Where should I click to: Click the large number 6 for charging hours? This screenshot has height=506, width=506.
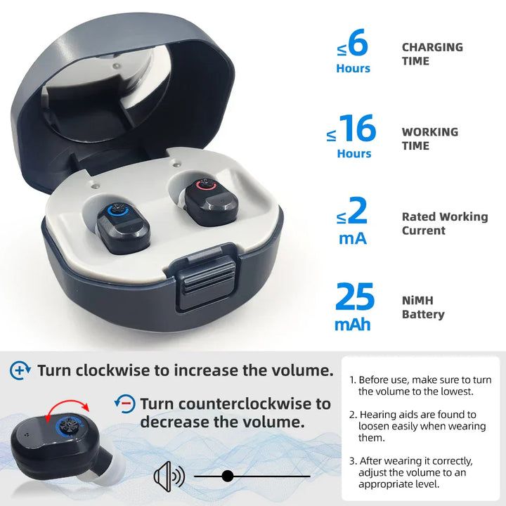[x=358, y=45]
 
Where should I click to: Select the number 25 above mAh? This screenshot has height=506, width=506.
[x=355, y=297]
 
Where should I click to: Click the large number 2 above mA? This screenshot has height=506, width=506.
[x=358, y=211]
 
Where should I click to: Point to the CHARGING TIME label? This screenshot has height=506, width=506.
[x=432, y=54]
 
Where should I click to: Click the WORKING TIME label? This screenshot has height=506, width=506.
[x=429, y=138]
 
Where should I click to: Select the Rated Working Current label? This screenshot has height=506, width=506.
[x=444, y=223]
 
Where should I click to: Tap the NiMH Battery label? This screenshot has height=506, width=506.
[x=422, y=307]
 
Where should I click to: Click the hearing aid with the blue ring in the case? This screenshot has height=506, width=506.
[x=124, y=226]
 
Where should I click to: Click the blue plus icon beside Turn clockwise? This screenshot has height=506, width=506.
[x=21, y=370]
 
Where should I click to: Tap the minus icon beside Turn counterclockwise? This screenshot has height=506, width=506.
[x=124, y=403]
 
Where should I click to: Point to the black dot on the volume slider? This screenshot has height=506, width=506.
[x=227, y=476]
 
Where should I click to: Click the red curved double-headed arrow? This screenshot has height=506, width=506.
[x=63, y=406]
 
